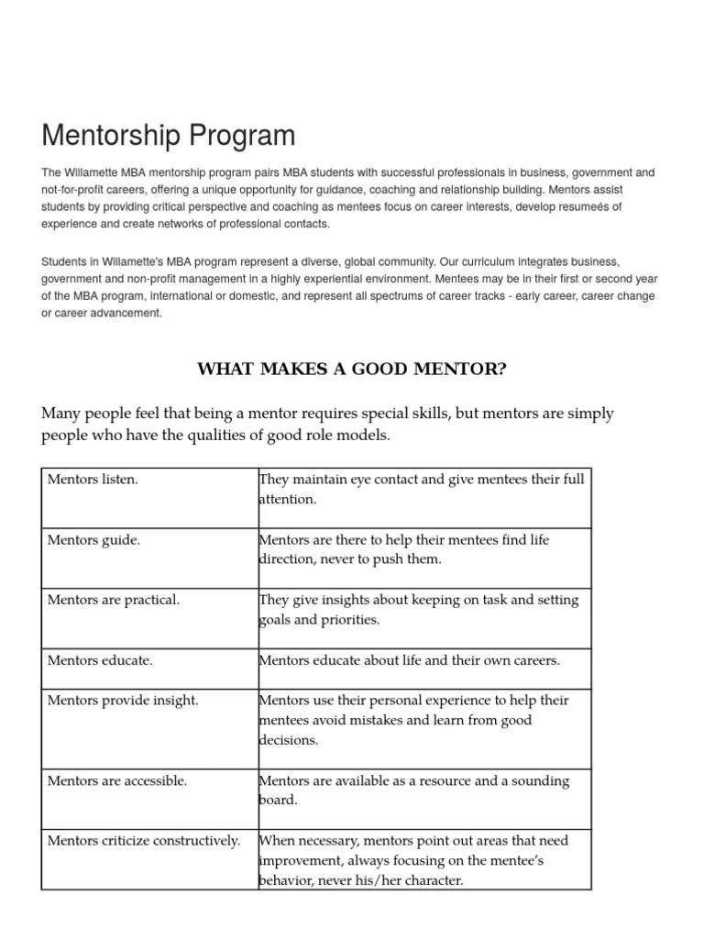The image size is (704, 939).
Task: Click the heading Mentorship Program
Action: point(169,136)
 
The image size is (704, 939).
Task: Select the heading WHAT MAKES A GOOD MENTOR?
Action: point(352,370)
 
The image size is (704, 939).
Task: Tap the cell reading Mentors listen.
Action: point(93,480)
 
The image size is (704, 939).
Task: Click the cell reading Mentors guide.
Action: point(93,540)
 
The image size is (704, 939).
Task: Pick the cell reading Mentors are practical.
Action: point(113,600)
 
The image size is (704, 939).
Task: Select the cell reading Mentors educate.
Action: point(100,660)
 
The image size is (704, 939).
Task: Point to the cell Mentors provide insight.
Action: point(123,701)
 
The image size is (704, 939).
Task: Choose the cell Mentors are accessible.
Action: point(116,781)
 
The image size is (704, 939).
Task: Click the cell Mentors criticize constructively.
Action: point(144,841)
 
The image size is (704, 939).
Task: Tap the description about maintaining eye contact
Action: point(422,490)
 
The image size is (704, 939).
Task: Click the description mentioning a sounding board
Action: point(414,790)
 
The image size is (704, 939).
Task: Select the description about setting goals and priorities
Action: point(418,610)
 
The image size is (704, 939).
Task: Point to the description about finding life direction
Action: point(404,550)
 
